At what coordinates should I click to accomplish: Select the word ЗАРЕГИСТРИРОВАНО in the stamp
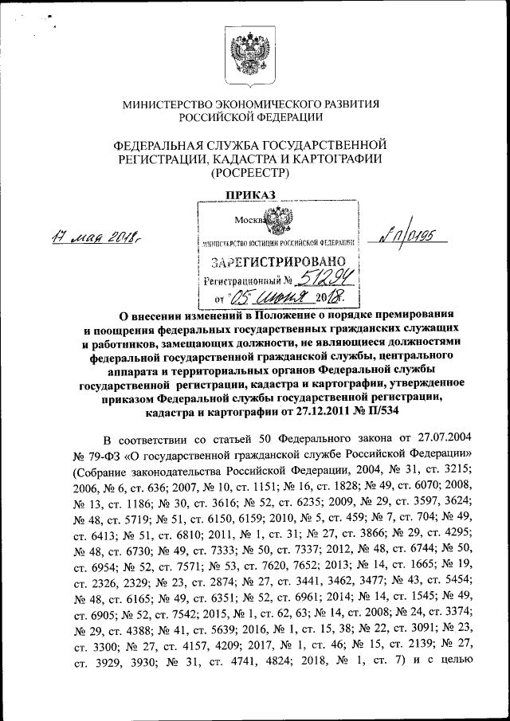(277, 261)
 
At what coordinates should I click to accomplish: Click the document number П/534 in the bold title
(382, 412)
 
